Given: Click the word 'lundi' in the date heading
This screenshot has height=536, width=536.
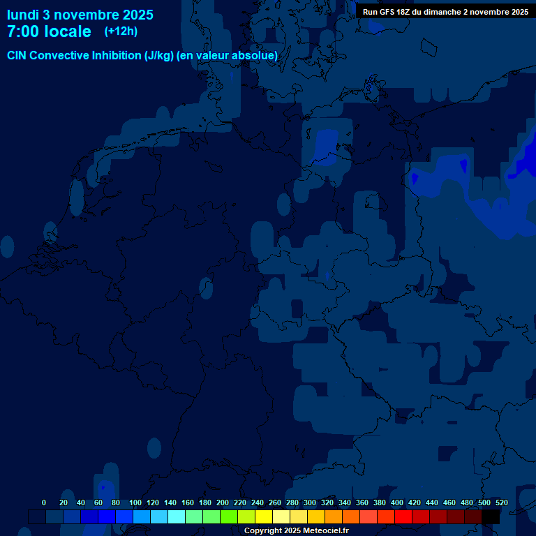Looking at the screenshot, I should (x=23, y=15).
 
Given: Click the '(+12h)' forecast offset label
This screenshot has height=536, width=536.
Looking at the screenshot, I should (x=121, y=31).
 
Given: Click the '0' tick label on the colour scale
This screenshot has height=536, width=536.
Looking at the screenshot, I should (x=44, y=502).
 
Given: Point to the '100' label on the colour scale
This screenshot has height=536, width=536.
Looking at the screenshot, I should (x=135, y=502).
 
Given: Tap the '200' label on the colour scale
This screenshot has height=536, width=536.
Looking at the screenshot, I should (x=223, y=502).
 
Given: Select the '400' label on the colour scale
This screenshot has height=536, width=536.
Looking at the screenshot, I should (x=397, y=502).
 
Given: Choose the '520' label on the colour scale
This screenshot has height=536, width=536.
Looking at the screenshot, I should (x=502, y=502).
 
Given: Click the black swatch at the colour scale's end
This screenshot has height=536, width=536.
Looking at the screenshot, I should (x=491, y=516).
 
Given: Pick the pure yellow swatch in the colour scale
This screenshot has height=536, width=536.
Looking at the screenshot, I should (x=264, y=516).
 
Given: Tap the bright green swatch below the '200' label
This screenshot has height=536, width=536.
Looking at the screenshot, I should (x=229, y=516).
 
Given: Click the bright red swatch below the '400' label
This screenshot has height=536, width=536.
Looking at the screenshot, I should (x=403, y=516).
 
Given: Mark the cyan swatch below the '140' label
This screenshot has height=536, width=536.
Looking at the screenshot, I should (x=177, y=516).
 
